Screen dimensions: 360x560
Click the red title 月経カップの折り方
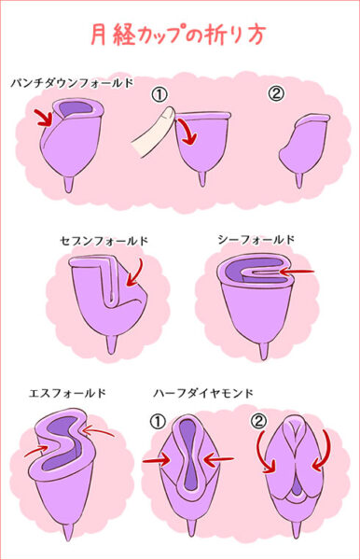point(177,35)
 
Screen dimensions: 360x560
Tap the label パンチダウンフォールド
point(72,83)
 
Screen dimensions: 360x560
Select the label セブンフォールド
point(104,241)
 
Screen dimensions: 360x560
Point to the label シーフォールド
point(256,240)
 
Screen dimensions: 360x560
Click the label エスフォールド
point(68,393)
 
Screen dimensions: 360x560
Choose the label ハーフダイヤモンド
point(203,393)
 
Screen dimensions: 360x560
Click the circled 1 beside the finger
point(159,94)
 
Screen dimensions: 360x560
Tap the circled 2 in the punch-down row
point(276,94)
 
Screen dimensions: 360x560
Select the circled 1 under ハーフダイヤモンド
point(158,422)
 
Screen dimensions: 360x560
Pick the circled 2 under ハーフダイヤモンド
point(258,421)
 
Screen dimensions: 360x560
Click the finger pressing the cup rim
point(153,133)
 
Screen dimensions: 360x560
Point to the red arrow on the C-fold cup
point(297,273)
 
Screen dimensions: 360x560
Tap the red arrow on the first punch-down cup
point(44,119)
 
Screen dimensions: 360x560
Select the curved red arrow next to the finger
point(188,133)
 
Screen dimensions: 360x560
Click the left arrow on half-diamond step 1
point(157,460)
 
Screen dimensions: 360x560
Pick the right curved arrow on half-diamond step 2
point(322,453)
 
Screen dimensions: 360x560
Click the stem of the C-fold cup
point(263,350)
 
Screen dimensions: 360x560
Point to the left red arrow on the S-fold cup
point(35,451)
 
